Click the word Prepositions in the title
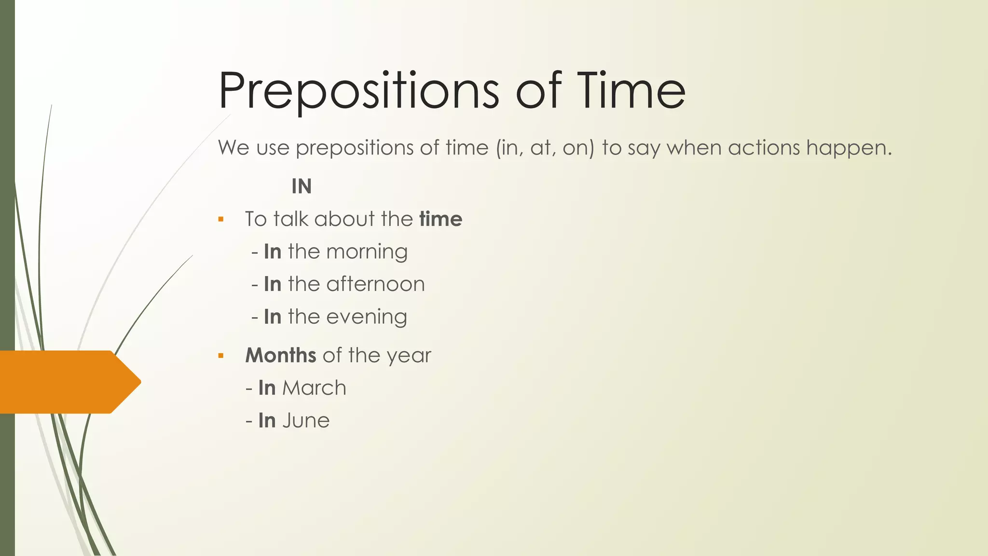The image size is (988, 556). [359, 91]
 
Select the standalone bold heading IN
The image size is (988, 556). [302, 186]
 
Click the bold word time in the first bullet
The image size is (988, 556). [440, 219]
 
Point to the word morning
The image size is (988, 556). [367, 252]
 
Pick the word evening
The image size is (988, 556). [367, 317]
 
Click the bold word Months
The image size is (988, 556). [280, 355]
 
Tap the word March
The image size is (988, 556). [314, 388]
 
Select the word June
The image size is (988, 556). [306, 420]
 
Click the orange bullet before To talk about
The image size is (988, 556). [221, 220]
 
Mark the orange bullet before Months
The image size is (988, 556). [221, 356]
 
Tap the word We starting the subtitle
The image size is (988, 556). [233, 147]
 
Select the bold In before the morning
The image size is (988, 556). [273, 251]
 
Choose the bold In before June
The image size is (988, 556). [267, 420]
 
